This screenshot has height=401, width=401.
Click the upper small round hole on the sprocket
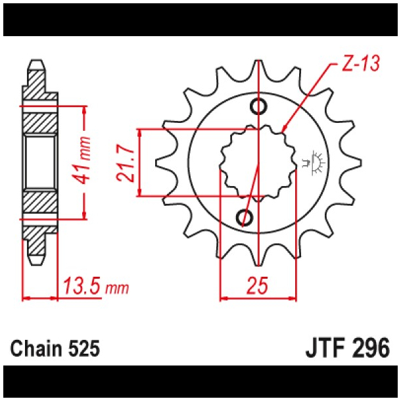pos(259,106)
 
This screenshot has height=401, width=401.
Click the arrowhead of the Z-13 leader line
pos(284,129)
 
